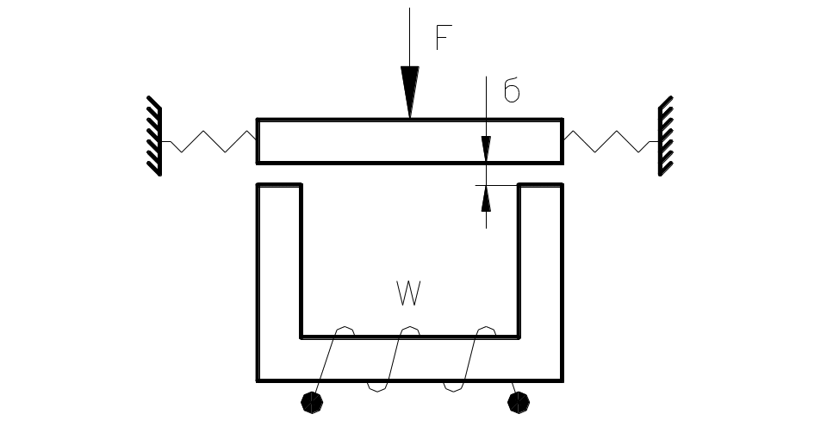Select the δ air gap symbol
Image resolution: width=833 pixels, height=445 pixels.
[x=512, y=92]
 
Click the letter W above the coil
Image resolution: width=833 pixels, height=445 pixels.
[x=408, y=294]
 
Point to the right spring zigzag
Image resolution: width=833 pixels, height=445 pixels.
[x=611, y=142]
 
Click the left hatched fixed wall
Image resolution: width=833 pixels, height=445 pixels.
[x=154, y=136]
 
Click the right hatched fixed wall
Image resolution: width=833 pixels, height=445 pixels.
[x=665, y=136]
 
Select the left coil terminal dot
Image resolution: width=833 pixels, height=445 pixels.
[x=312, y=402]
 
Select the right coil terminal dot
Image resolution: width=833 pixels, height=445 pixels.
[x=518, y=402]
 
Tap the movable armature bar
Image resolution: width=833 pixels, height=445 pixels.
[x=410, y=141]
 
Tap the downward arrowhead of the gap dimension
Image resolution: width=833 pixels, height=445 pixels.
[x=487, y=148]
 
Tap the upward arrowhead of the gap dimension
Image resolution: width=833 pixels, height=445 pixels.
[x=487, y=199]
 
